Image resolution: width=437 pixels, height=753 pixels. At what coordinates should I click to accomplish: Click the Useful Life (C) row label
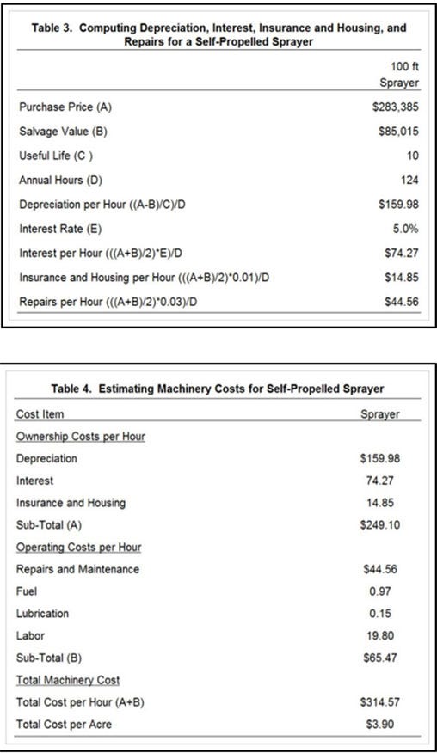[x=56, y=156]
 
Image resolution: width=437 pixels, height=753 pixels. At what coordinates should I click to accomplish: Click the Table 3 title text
[x=218, y=34]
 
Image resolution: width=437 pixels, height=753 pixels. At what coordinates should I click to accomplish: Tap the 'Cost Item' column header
[x=40, y=414]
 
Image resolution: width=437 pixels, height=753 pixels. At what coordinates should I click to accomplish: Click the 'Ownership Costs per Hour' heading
[x=81, y=437]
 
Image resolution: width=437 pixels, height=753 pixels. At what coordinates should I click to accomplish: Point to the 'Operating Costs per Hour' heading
[x=79, y=547]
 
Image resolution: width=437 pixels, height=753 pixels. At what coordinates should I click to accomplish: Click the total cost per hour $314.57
[x=379, y=702]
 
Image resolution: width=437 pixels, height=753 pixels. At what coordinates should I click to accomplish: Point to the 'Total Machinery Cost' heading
[x=68, y=680]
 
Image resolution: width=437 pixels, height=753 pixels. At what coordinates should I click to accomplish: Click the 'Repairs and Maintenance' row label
[x=77, y=569]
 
